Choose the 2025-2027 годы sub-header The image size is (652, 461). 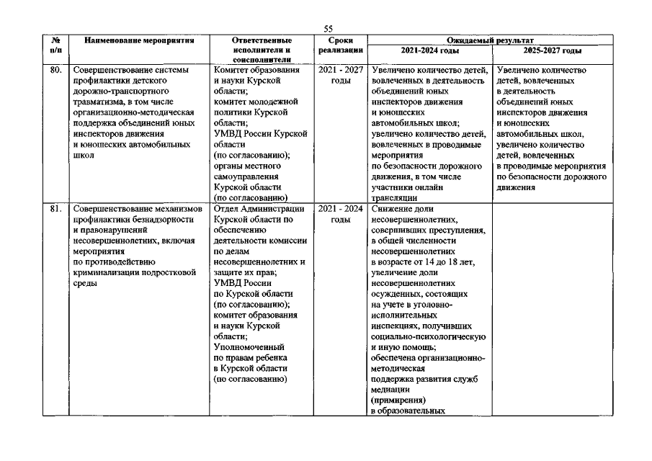point(552,50)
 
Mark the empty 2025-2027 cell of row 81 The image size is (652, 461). point(552,310)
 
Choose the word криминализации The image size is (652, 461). point(107,273)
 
